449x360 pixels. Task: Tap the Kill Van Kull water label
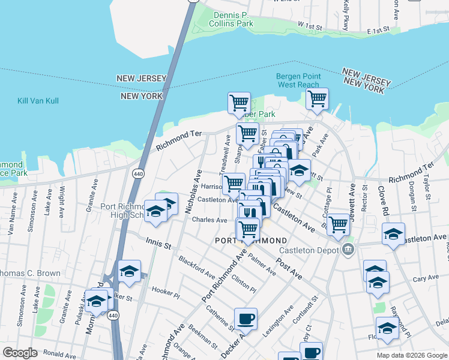pos(38,101)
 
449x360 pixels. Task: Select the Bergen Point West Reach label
pos(298,80)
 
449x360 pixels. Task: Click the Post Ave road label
pos(289,269)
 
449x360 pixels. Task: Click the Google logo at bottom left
pos(20,353)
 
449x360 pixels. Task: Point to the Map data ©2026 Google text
pos(411,355)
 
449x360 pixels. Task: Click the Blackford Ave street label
pos(196,267)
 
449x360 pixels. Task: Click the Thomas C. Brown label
pos(30,273)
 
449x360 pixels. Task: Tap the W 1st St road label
pos(311,25)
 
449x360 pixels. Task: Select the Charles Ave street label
pos(209,220)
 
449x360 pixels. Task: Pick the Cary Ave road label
pos(426,278)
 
